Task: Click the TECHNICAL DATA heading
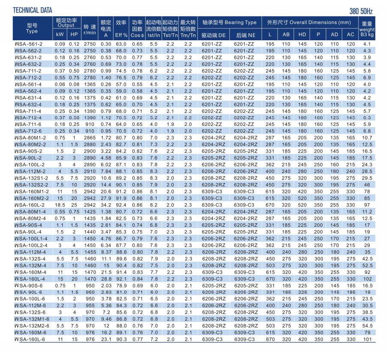coord(33,10)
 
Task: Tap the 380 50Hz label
coord(361,12)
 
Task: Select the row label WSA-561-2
coord(28,44)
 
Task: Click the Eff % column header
coord(121,36)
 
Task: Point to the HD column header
coord(302,35)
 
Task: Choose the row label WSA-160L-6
coord(30,339)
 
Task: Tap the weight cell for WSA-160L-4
coord(367,279)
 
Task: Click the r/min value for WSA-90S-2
coord(90,151)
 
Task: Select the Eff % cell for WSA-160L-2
coord(121,205)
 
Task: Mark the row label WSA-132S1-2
coord(31,178)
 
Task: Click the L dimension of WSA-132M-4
coord(270,265)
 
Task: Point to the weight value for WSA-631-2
coord(367,57)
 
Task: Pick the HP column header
coord(74,35)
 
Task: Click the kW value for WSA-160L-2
coord(60,205)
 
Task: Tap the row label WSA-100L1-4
coord(31,239)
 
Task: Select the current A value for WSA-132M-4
coord(106,265)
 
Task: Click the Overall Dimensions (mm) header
coord(309,23)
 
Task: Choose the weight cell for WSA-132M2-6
coord(367,326)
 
